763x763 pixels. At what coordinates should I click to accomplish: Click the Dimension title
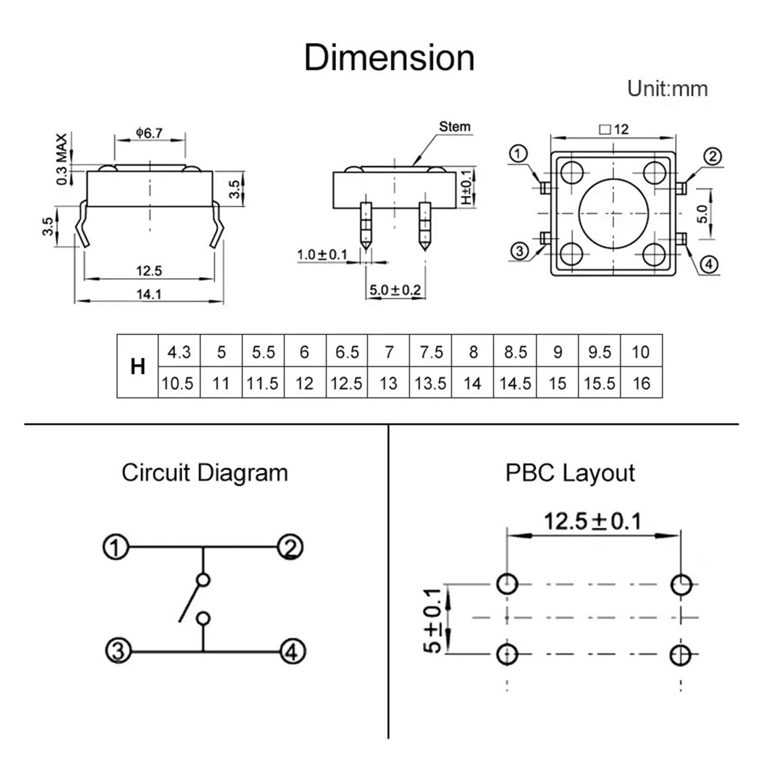389,58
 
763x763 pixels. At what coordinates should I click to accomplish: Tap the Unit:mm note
667,89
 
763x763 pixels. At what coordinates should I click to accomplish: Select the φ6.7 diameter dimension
149,133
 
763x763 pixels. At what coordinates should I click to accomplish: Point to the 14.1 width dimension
149,294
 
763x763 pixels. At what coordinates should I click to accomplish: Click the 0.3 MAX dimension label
62,160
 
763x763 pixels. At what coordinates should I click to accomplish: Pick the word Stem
454,126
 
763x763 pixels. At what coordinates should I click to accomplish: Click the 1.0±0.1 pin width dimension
322,254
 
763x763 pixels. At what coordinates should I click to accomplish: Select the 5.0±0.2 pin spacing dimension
395,289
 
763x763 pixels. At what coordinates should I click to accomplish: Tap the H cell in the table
138,366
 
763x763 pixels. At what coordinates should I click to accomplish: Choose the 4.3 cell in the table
179,352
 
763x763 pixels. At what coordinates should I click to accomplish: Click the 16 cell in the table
641,383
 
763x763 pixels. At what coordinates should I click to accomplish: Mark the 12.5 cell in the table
347,383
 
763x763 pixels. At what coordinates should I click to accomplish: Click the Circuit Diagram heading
205,473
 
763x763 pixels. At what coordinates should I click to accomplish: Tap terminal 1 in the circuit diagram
116,547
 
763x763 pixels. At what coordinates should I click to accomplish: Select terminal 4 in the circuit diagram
292,651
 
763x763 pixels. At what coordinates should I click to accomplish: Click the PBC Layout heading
570,473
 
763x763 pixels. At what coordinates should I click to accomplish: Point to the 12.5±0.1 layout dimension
593,521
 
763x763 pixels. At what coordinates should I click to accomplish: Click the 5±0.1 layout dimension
433,620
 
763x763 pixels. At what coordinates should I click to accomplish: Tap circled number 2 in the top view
712,156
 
